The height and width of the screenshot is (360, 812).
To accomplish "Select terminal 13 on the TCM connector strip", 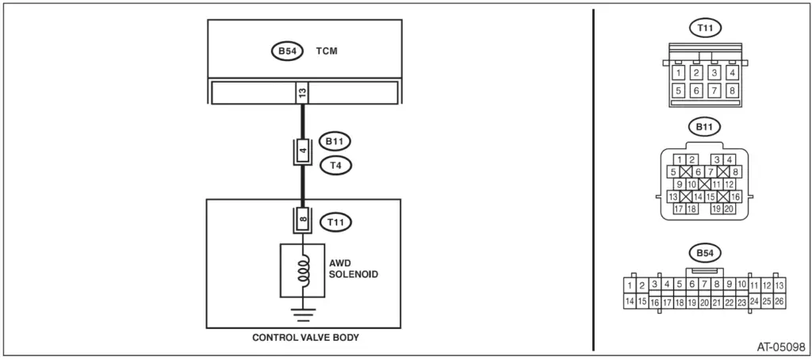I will point(302,93).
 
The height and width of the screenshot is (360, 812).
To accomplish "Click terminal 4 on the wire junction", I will point(302,151).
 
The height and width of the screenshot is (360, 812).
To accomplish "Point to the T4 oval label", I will point(335,166).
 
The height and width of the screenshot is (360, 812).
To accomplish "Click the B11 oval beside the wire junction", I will point(335,143).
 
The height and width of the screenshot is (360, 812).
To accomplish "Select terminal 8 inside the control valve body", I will point(302,219).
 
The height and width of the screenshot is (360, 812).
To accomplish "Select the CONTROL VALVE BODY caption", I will point(305,337).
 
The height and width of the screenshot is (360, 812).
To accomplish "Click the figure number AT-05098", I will point(779,347).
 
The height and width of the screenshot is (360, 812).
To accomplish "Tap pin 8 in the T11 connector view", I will point(732,90).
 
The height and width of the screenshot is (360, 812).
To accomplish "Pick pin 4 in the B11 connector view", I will point(729,160).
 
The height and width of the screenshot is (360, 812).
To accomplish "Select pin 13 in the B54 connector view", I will point(779,285).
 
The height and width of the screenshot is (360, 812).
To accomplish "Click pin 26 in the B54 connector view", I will point(779,301).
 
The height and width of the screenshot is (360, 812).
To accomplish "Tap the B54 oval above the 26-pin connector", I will point(703,254).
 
